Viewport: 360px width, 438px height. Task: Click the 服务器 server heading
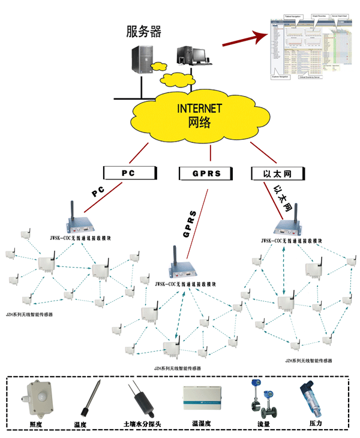point(144,31)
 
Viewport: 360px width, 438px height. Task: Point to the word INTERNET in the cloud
point(200,109)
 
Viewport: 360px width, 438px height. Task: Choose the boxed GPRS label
point(206,173)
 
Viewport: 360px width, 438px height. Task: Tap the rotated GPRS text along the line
point(191,224)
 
